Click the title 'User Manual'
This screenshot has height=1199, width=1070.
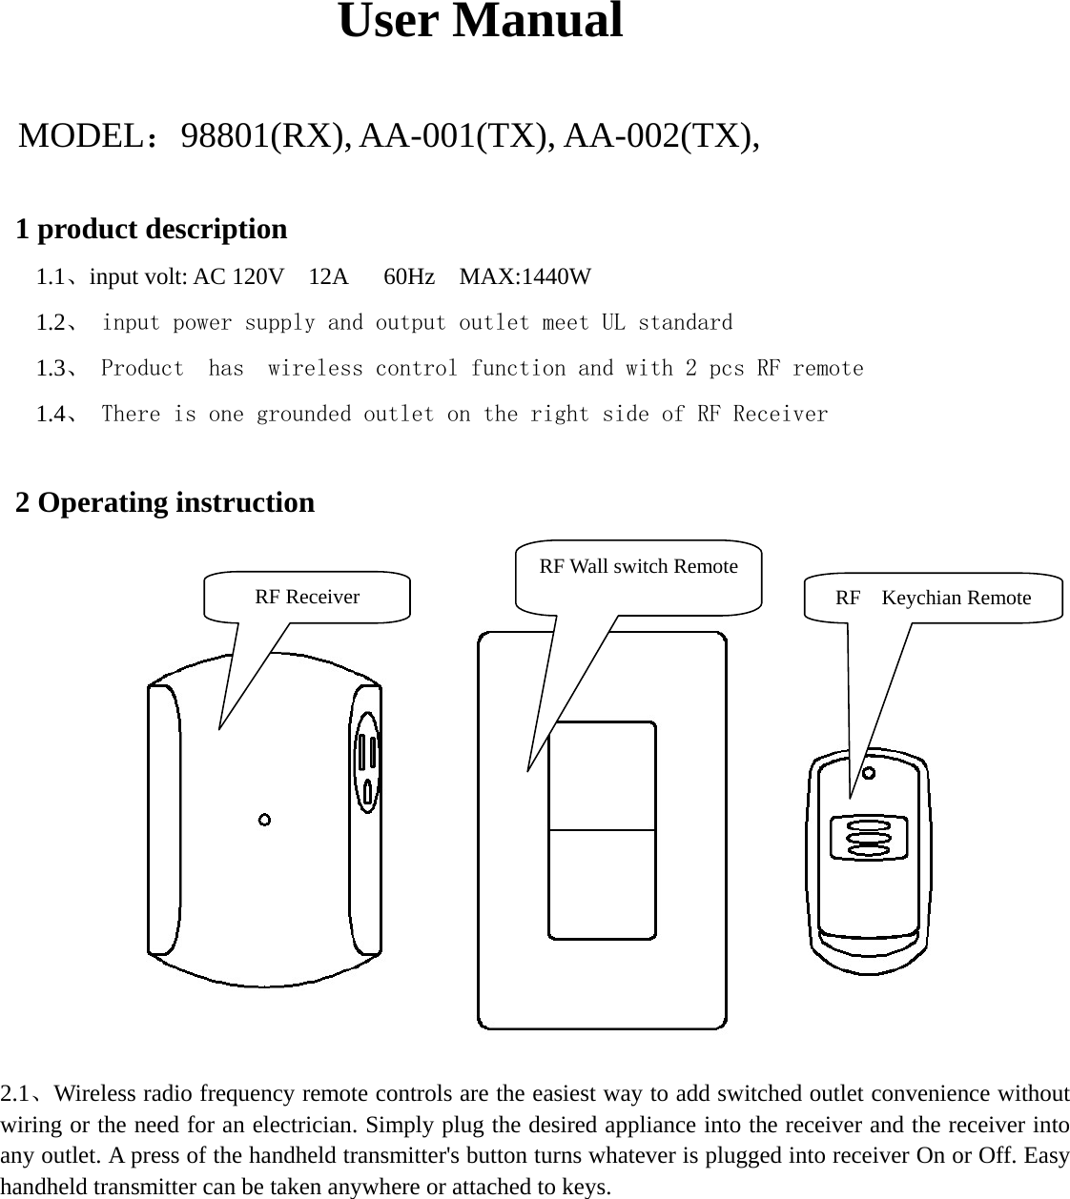pos(480,22)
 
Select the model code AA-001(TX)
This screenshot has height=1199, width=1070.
pos(458,137)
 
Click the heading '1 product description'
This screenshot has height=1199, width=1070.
pos(152,230)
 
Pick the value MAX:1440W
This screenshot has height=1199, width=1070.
pos(525,277)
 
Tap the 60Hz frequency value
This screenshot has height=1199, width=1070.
pos(409,277)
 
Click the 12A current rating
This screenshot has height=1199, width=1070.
pos(329,277)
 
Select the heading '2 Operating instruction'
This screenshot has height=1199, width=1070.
pos(165,502)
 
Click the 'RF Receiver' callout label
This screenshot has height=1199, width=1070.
pos(307,598)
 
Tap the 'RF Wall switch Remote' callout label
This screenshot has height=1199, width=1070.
pos(638,567)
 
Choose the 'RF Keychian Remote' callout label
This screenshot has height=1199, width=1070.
pos(933,599)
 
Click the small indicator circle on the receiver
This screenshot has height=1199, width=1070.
pos(264,820)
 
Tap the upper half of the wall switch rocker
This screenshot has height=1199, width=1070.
pos(602,776)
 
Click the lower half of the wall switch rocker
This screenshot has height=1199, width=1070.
pos(602,884)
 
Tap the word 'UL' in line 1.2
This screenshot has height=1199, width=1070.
pos(613,323)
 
